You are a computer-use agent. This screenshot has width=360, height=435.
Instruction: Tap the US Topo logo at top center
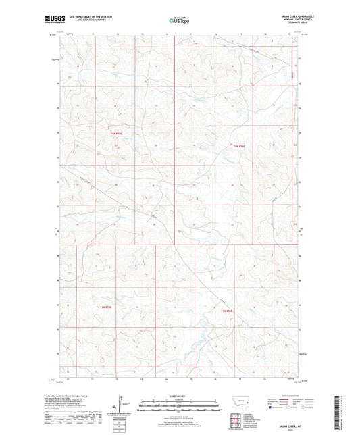click(179, 20)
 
